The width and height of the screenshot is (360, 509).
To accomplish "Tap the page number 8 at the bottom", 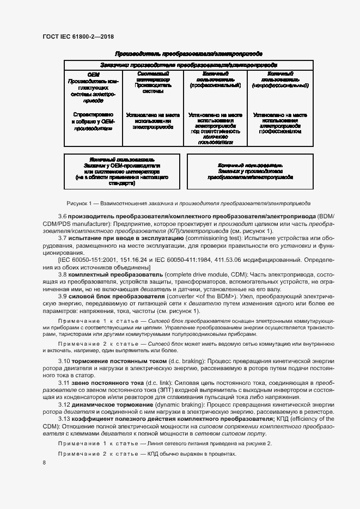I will click(44, 462).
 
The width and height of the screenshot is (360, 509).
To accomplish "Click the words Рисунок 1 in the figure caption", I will click(80, 203).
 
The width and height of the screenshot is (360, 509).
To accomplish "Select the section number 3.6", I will click(63, 217).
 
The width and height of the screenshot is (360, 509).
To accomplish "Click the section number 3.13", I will click(64, 419).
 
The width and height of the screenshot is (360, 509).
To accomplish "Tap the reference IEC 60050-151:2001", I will click(81, 260).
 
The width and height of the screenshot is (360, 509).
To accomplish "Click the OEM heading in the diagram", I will click(93, 74).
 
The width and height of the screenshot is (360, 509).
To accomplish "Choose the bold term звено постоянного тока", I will click(105, 383).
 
